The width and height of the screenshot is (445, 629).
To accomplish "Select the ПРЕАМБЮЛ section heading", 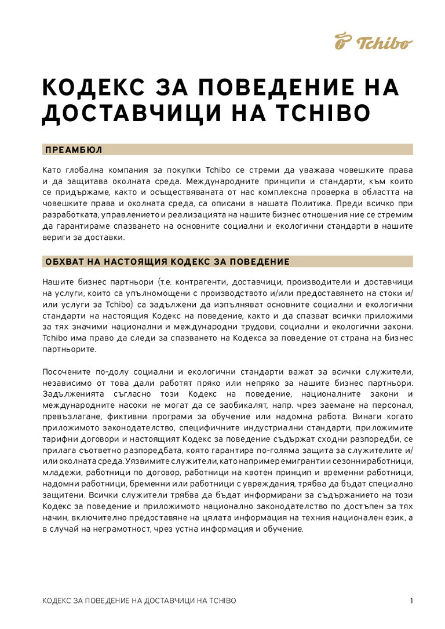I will (x=74, y=150).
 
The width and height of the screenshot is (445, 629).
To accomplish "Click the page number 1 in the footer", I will (x=411, y=601).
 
